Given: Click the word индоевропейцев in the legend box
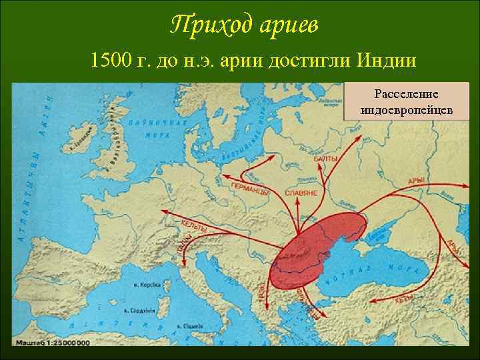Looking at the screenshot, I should point(406,109).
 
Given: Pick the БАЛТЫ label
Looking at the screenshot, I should point(325,159).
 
